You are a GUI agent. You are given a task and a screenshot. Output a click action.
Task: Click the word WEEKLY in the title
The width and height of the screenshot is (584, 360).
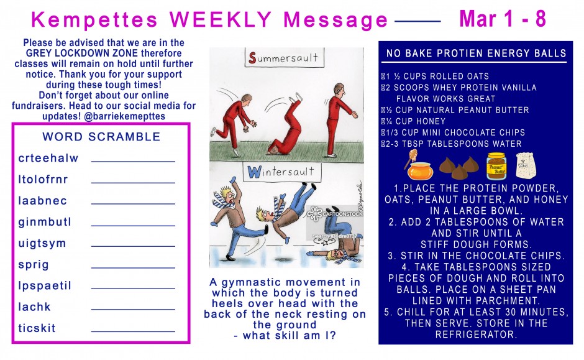(x=221, y=19)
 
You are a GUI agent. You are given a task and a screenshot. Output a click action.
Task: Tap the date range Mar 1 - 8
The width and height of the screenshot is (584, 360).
(x=503, y=19)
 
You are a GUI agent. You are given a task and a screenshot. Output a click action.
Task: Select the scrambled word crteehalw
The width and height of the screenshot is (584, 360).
(x=48, y=158)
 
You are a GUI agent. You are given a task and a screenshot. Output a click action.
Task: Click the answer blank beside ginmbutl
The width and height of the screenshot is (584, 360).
(x=133, y=226)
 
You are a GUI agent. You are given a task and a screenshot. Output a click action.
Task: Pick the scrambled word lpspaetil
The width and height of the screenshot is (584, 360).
(x=45, y=286)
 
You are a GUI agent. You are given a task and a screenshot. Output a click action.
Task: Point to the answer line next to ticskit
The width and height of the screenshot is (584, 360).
(x=133, y=331)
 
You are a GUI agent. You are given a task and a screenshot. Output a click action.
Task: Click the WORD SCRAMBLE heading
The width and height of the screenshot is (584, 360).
(x=101, y=137)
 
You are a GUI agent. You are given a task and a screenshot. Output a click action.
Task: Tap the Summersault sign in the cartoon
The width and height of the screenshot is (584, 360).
(x=284, y=58)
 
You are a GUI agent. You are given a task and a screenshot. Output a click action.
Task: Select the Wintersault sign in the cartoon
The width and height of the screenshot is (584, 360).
(x=281, y=172)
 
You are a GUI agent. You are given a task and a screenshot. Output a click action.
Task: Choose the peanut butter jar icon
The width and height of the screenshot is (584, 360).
(x=496, y=166)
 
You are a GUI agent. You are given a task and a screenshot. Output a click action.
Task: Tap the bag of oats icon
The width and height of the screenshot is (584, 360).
(x=526, y=165)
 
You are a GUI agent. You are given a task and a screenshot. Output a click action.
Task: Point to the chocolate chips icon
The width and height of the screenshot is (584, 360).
(x=459, y=168)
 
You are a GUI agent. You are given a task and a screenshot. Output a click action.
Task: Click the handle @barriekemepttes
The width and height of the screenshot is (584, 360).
(x=124, y=116)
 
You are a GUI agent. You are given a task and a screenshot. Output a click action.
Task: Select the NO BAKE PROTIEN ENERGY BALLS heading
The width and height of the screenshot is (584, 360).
(x=476, y=53)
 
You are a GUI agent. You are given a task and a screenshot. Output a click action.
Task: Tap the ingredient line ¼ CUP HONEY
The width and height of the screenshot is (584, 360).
(x=413, y=121)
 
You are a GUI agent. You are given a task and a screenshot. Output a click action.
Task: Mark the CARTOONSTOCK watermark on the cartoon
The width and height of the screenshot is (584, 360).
(x=335, y=213)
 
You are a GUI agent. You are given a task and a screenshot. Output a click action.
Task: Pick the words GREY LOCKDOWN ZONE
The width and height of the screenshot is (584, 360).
(x=81, y=53)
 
